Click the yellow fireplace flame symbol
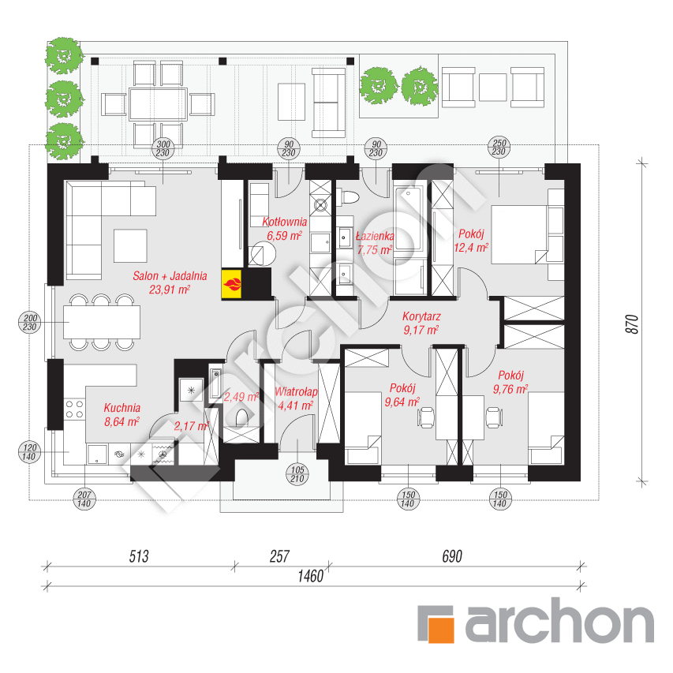coord(231,284)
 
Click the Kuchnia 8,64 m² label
coord(122,415)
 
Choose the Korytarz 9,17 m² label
coord(421,323)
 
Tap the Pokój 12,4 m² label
coord(471,241)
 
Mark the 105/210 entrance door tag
coord(297,474)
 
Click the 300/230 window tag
coord(163,148)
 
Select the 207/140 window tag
coord(84,499)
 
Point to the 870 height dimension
coord(633,324)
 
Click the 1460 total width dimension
coord(310,576)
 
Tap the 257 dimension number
coord(279,556)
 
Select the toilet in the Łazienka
coord(348,197)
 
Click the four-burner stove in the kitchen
coord(74,409)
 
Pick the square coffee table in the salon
coord(130,245)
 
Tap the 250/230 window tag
coord(499,147)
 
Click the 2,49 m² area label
coord(241,397)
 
